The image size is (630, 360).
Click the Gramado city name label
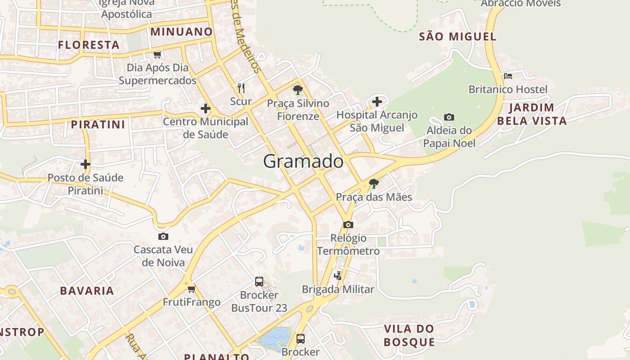pyautogui.click(x=303, y=161)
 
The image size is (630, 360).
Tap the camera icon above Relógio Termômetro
pyautogui.click(x=348, y=225)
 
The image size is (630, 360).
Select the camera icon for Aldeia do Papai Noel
pyautogui.click(x=449, y=117)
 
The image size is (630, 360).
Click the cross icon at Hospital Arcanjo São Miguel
pyautogui.click(x=377, y=102)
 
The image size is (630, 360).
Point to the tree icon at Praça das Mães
pyautogui.click(x=373, y=184)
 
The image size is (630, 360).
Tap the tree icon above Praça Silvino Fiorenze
pyautogui.click(x=297, y=90)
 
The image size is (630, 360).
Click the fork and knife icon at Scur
pyautogui.click(x=241, y=88)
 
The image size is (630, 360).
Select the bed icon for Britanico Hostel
pyautogui.click(x=508, y=76)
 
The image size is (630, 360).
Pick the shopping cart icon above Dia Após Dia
pyautogui.click(x=157, y=55)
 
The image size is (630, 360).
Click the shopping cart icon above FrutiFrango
pyautogui.click(x=192, y=289)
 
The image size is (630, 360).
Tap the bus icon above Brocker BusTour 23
pyautogui.click(x=259, y=282)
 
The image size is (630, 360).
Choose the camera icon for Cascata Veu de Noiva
pyautogui.click(x=163, y=236)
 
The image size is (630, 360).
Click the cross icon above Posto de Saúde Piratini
pyautogui.click(x=85, y=164)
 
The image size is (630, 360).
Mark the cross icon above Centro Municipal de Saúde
pyautogui.click(x=206, y=108)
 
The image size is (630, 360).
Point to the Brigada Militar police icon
pyautogui.click(x=337, y=276)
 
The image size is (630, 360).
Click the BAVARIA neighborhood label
pyautogui.click(x=87, y=291)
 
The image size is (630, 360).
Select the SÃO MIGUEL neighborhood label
pyautogui.click(x=458, y=37)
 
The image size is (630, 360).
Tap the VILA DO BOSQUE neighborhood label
pyautogui.click(x=409, y=335)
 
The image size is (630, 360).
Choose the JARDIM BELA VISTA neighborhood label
pyautogui.click(x=531, y=114)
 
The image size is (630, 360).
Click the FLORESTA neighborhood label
pyautogui.click(x=89, y=45)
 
